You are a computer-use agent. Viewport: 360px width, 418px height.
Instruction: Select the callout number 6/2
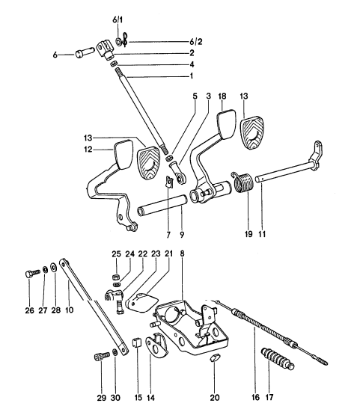tap(196, 42)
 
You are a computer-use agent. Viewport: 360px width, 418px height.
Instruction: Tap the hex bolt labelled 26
tap(32, 274)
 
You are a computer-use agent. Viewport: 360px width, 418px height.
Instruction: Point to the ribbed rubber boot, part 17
tap(278, 359)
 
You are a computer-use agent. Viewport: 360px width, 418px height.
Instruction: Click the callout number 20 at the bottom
tap(215, 398)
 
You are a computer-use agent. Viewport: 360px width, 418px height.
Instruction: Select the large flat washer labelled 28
tap(52, 267)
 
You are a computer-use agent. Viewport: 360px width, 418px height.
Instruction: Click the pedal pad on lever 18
tap(226, 124)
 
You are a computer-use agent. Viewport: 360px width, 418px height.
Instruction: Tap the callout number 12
tap(88, 150)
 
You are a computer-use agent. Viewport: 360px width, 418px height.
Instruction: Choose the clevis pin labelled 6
tap(84, 52)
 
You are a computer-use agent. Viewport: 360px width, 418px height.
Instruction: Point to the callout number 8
tap(182, 253)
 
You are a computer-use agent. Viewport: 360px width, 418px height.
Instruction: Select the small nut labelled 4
tap(114, 64)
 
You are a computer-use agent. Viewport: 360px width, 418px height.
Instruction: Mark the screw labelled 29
tap(102, 357)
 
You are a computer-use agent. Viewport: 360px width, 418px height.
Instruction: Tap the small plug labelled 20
tap(215, 357)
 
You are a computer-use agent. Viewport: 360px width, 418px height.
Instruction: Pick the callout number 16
tap(255, 398)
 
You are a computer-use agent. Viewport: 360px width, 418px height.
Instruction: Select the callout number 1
tap(192, 76)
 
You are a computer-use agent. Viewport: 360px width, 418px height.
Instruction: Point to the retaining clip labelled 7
tap(168, 181)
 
